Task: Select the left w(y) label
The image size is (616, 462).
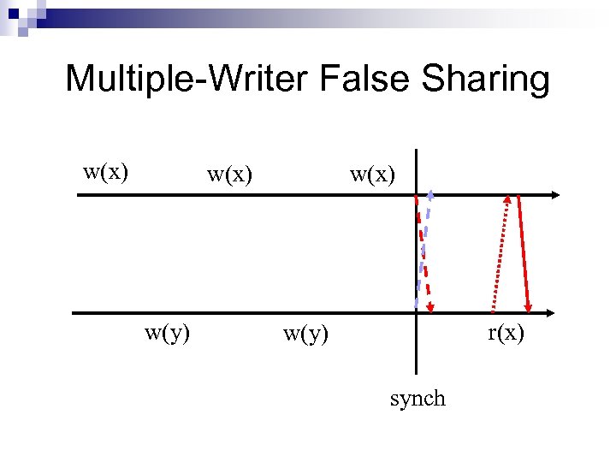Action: (x=168, y=333)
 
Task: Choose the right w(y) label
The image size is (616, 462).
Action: (x=305, y=333)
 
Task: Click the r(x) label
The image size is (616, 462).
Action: (x=506, y=333)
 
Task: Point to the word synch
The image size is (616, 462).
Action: (x=418, y=399)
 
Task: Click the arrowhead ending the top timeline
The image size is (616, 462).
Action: (x=555, y=195)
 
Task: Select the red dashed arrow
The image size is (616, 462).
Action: (x=423, y=248)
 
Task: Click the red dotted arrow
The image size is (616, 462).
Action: (x=500, y=257)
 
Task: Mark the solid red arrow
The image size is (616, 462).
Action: (x=520, y=252)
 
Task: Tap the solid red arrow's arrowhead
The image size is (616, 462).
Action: (x=529, y=307)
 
